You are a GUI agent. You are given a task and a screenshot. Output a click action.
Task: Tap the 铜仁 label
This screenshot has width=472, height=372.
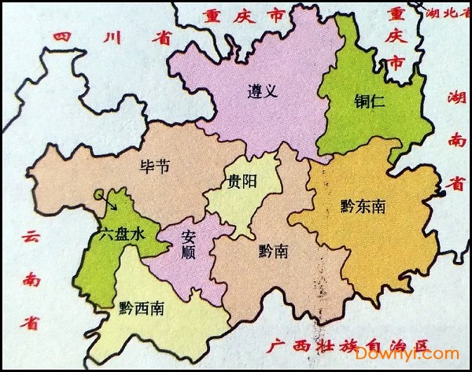pos(368,100)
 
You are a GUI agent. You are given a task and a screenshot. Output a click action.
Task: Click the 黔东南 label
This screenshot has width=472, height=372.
pos(363,206)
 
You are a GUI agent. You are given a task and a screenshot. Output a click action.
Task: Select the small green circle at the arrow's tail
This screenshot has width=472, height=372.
pos(98,193)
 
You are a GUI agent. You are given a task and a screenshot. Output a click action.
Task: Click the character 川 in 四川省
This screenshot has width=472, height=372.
pos(111,38)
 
